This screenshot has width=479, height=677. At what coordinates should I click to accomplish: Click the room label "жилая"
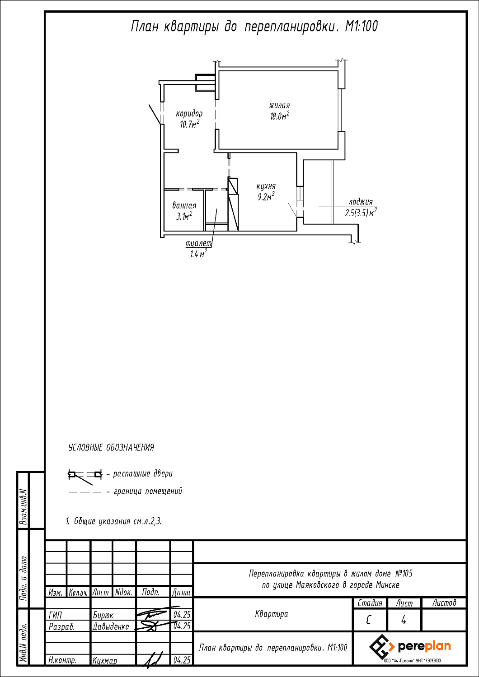point(279,106)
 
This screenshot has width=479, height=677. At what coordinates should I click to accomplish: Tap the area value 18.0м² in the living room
point(280,116)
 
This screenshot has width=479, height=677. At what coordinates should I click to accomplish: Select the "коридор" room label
point(189,114)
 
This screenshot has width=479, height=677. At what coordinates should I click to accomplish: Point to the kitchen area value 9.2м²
point(266,197)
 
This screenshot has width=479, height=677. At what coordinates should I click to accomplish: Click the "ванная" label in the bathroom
point(184,206)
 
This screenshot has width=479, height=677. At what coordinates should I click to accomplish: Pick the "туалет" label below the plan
point(199,243)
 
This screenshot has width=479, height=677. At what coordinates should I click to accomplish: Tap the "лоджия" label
point(361,202)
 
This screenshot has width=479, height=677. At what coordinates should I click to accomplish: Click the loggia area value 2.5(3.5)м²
point(361,213)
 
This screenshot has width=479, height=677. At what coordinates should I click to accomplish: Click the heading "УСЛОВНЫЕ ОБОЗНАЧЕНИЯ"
point(111,448)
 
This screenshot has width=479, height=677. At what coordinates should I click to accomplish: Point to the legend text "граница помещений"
point(148,492)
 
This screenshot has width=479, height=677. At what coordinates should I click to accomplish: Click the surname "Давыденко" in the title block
point(111,627)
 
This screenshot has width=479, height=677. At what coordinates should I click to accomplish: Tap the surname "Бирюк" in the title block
point(103,615)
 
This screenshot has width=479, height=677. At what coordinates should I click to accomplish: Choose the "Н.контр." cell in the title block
point(62,661)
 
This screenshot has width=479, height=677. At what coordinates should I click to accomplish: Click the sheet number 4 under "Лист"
point(404,620)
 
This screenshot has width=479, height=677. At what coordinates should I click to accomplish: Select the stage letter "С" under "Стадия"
point(369,621)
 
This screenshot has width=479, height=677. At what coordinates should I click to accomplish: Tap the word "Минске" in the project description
point(388,585)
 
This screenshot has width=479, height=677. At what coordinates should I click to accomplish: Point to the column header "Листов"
point(444,603)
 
